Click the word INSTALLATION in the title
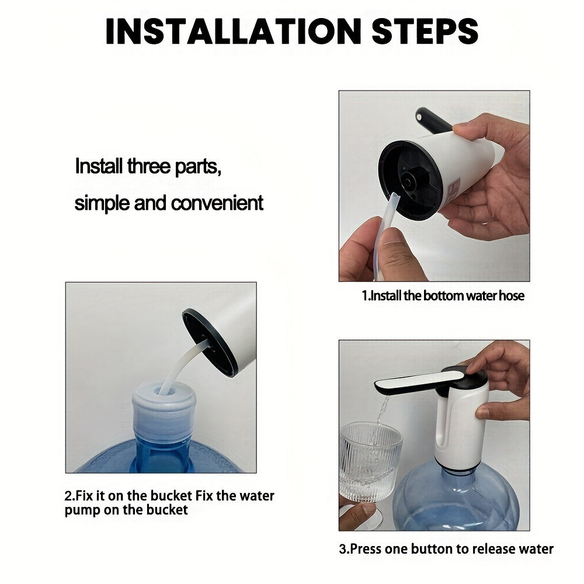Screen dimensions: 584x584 point(234,31)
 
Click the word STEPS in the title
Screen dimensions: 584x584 point(425,31)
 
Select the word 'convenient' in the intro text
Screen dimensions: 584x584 point(217,203)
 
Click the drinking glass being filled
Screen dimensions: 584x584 point(371,461)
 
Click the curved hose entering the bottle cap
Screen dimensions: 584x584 point(182,365)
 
